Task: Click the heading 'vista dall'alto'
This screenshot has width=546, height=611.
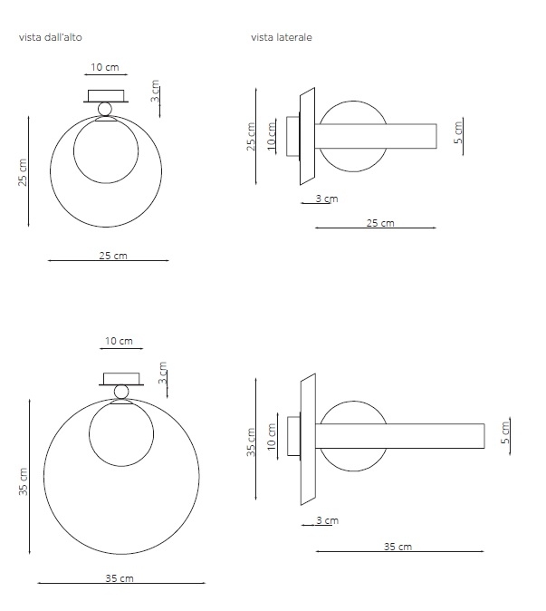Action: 50,37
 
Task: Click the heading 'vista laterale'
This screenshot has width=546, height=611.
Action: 282,37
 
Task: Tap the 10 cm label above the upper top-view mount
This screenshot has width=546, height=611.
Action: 105,67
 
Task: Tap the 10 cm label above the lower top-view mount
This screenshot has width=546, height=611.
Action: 119,341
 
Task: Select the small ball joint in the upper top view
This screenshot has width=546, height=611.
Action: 105,109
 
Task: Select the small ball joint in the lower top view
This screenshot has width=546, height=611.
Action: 121,392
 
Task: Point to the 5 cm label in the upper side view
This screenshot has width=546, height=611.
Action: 458,133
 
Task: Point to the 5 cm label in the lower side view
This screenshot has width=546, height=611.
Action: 504,432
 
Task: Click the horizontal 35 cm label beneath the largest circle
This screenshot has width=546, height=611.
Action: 120,578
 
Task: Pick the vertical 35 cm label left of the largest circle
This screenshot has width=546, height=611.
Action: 24,481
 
